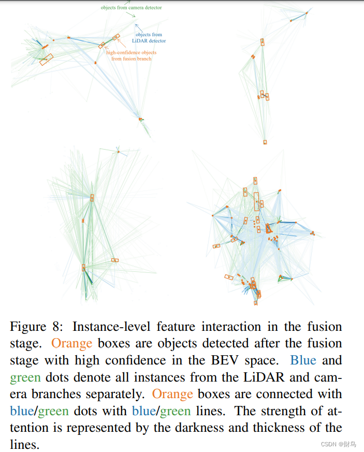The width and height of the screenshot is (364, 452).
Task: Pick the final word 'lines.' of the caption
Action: pyautogui.click(x=24, y=444)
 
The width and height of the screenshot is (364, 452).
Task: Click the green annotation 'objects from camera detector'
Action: pyautogui.click(x=131, y=8)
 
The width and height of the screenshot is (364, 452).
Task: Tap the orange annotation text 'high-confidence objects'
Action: pyautogui.click(x=131, y=53)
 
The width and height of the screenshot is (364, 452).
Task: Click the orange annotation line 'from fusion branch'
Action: pyautogui.click(x=131, y=59)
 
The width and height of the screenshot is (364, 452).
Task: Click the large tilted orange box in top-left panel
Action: pyautogui.click(x=46, y=60)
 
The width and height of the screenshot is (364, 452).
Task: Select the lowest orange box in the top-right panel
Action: pyautogui.click(x=265, y=142)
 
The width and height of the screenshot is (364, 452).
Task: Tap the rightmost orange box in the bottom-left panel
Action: pyautogui.click(x=115, y=260)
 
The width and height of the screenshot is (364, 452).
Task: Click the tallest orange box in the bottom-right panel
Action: pyautogui.click(x=256, y=201)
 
